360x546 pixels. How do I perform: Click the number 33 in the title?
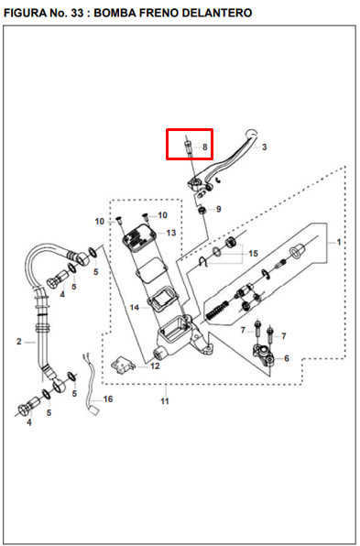[76, 13]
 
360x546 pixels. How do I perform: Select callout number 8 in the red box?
[204, 147]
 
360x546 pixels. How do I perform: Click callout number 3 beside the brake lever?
[264, 147]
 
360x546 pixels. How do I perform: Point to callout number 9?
[218, 209]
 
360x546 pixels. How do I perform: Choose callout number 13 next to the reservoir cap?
[171, 233]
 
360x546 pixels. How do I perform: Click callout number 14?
[135, 308]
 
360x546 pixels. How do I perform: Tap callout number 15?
[253, 254]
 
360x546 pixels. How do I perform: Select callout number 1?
[338, 242]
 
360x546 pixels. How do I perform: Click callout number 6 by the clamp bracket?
[287, 358]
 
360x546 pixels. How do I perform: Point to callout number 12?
[155, 366]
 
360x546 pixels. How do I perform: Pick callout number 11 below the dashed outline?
[165, 401]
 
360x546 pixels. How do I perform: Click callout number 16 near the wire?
[108, 399]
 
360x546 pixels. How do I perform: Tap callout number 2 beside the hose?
[19, 342]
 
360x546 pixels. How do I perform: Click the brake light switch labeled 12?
[123, 366]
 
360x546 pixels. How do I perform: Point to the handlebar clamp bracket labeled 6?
[264, 355]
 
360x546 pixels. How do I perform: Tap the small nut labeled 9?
[202, 211]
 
